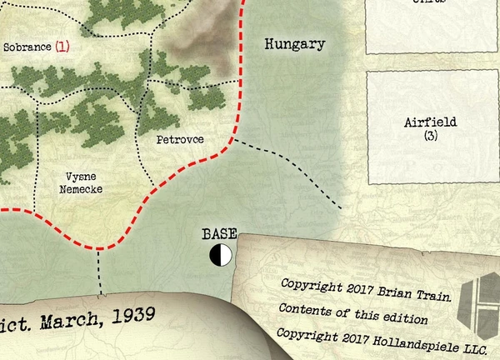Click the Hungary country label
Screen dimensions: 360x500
click(294, 44)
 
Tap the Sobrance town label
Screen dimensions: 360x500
click(27, 48)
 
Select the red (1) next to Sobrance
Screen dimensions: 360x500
click(62, 48)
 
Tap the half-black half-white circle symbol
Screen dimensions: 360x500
click(221, 255)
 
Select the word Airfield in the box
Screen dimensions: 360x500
click(430, 122)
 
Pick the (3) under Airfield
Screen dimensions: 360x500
click(430, 135)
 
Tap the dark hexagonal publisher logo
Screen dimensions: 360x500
click(482, 299)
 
